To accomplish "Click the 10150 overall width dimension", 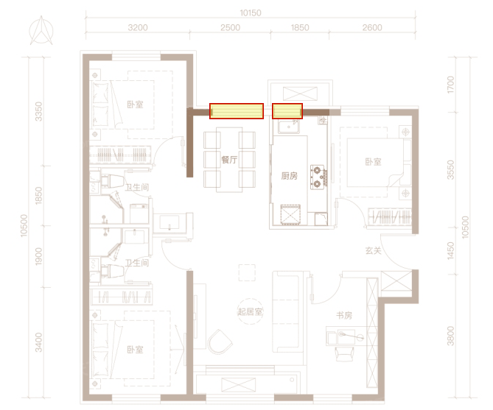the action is [251, 13].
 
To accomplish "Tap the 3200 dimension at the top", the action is [138, 28].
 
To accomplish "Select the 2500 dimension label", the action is [230, 28].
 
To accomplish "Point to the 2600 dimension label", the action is [372, 28].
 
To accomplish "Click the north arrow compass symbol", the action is [41, 30].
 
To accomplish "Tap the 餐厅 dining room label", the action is [229, 160].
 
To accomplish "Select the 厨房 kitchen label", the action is [290, 176].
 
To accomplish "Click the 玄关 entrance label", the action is [373, 250].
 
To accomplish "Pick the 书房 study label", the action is [344, 315].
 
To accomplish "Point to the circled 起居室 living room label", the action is [250, 311].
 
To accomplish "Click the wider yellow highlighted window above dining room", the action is [237, 111].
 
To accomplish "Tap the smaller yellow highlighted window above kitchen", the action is [287, 111].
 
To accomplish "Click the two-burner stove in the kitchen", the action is [318, 177].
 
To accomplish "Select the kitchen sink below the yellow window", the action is [289, 127].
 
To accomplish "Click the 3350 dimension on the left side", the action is [38, 111].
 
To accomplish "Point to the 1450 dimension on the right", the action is [450, 250].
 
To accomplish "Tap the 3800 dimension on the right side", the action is [450, 336].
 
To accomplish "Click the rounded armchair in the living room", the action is [220, 342].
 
